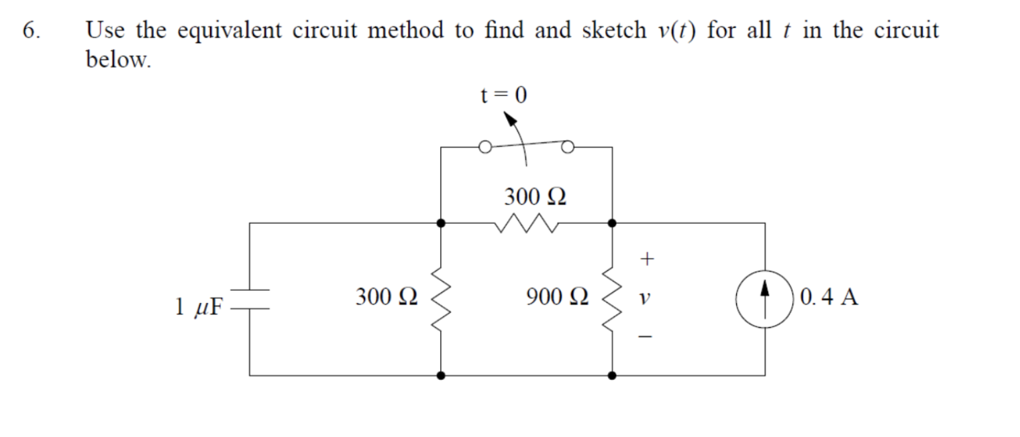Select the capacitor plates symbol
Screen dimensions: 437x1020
pyautogui.click(x=250, y=300)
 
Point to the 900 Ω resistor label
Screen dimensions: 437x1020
pyautogui.click(x=557, y=297)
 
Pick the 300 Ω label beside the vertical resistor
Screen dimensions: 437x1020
pyautogui.click(x=387, y=296)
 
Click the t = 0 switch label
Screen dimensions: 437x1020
pyautogui.click(x=503, y=96)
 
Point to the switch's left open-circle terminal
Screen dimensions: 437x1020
pyautogui.click(x=484, y=147)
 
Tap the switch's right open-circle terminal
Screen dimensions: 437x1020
pyautogui.click(x=568, y=146)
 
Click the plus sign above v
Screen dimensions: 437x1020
pyautogui.click(x=646, y=257)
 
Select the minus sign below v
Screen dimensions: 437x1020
pyautogui.click(x=646, y=337)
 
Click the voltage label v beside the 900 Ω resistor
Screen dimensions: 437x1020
pyautogui.click(x=645, y=298)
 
